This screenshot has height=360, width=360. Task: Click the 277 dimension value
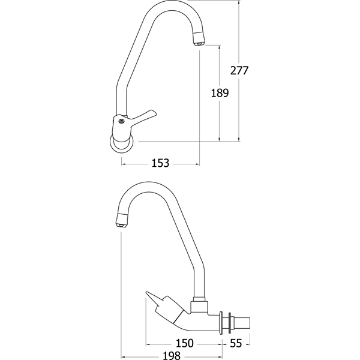coord(239,70)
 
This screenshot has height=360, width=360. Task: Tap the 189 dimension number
coord(220,93)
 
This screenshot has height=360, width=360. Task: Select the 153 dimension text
coord(160,163)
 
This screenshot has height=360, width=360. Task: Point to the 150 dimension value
coord(185,343)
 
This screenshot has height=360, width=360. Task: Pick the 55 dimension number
coord(236,343)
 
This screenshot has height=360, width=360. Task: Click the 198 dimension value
coord(172,356)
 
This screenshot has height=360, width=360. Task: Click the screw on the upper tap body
coord(121,121)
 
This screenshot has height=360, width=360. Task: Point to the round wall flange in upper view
coord(122,144)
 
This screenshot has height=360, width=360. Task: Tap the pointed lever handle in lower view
coord(155,299)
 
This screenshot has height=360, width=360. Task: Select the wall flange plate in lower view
coord(221,323)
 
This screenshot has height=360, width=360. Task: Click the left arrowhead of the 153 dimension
coord(123,164)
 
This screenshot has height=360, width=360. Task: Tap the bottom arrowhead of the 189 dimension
coord(220,139)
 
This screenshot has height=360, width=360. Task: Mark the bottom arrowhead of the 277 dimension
coord(239,139)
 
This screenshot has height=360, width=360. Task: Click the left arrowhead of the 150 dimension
coord(148,344)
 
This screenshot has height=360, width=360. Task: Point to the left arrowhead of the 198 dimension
coord(123,357)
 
